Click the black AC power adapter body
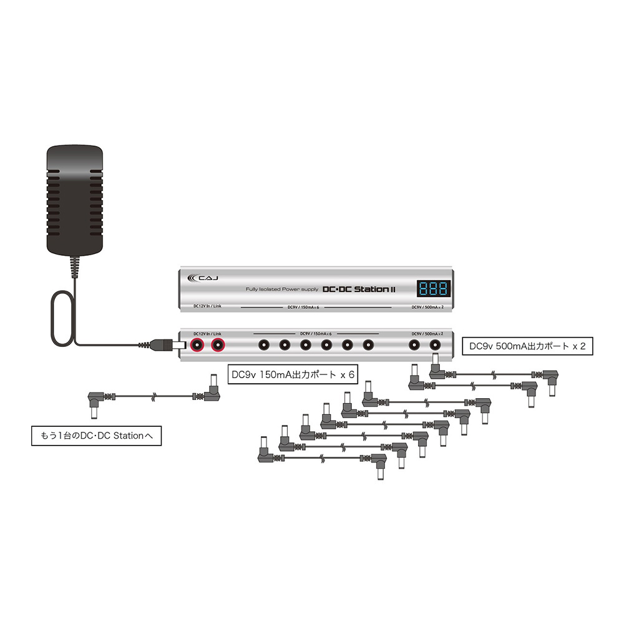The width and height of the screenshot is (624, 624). point(74,198)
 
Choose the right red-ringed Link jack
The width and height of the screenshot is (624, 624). point(218,344)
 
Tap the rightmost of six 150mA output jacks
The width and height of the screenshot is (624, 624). point(368,344)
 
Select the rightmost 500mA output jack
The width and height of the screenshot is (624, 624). point(435,344)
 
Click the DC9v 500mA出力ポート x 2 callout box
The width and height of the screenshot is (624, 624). point(526,347)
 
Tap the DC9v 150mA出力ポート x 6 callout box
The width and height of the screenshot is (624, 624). point(292,375)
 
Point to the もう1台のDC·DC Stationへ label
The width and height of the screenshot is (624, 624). point(96,436)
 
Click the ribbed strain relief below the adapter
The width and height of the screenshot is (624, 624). point(76,266)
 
